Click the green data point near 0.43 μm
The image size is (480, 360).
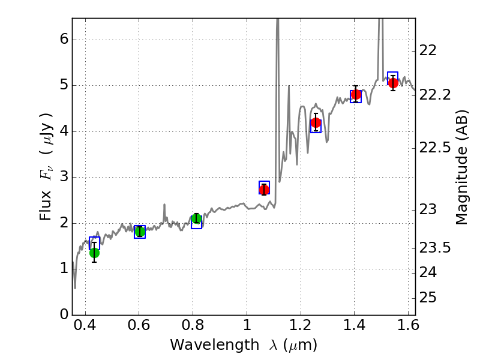point(94,252)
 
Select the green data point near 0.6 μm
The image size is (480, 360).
point(140,232)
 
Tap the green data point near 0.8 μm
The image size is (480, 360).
point(196,218)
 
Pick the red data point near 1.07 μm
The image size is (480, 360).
point(264,190)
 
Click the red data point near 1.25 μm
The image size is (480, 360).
point(316,123)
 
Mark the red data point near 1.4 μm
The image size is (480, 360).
point(356,94)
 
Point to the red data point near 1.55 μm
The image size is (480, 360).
point(393,83)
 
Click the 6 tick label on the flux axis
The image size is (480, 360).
point(63,40)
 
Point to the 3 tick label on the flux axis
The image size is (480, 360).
point(63,177)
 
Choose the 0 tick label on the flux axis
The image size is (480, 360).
point(63,314)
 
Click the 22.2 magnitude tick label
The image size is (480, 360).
point(436,95)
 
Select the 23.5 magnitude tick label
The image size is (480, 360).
point(436,248)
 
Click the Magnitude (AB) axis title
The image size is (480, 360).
point(461,167)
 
